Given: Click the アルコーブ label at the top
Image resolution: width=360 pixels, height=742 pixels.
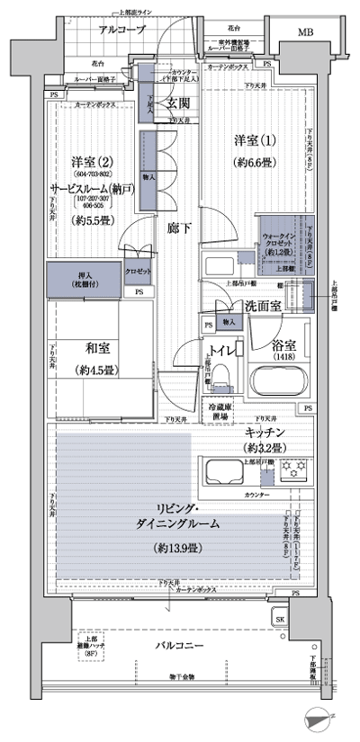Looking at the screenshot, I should (x=120, y=30).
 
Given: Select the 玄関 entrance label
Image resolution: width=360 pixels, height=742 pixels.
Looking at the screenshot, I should (x=177, y=104).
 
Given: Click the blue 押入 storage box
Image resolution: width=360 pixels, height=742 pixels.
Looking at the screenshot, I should (x=75, y=278).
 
